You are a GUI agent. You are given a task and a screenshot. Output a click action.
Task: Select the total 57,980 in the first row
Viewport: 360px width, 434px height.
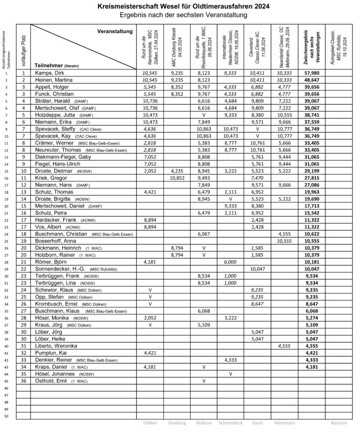pos(311,73)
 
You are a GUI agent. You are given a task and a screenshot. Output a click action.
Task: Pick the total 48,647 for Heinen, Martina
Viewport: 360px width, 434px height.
pos(311,80)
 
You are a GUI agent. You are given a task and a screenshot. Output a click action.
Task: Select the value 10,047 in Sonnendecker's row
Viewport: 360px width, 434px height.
pos(257,269)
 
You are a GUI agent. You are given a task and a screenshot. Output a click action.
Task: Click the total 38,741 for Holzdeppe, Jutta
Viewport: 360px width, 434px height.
pos(311,114)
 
